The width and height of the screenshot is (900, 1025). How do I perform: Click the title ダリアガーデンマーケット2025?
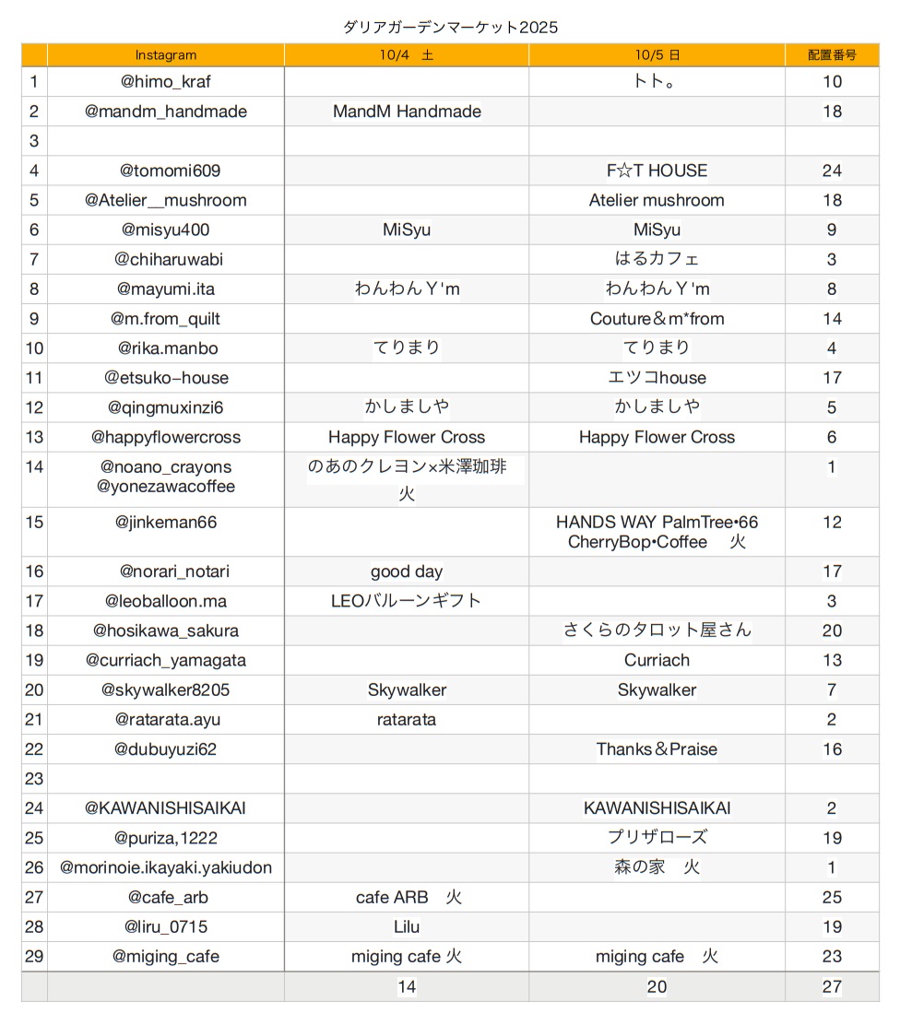(x=450, y=27)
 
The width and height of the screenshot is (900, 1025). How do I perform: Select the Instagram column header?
(x=166, y=55)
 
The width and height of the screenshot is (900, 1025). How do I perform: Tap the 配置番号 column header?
(x=832, y=55)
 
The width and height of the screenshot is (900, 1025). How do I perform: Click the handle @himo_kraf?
(x=166, y=82)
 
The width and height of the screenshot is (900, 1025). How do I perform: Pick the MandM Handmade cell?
(x=407, y=112)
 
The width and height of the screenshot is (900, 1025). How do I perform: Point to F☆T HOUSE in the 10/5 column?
(x=657, y=171)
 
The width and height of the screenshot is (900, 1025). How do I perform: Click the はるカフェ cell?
(x=657, y=259)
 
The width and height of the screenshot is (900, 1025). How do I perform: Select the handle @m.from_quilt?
(x=166, y=319)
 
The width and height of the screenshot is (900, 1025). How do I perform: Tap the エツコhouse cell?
(x=657, y=378)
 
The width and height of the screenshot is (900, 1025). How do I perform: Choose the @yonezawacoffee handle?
(x=166, y=487)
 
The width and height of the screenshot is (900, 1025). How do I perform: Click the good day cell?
(x=407, y=571)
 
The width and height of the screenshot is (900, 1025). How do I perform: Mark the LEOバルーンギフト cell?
(x=407, y=601)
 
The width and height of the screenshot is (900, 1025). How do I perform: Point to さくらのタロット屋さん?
(x=657, y=630)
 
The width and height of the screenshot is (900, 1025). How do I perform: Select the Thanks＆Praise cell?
(x=657, y=749)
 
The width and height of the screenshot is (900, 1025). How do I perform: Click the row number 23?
(x=34, y=779)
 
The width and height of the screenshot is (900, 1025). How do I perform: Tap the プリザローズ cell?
(x=657, y=838)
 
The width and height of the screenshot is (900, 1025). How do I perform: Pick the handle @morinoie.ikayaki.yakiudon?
(x=166, y=867)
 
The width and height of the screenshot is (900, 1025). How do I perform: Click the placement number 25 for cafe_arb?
(x=832, y=897)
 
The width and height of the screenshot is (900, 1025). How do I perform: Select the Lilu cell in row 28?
(x=407, y=926)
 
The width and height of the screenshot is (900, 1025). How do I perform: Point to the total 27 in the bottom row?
(x=832, y=987)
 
